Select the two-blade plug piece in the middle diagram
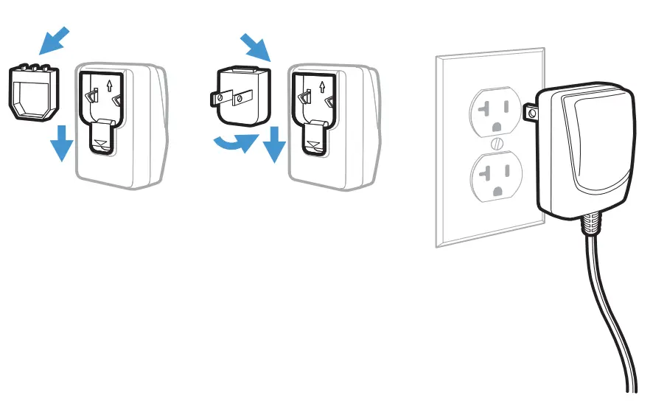pyautogui.click(x=240, y=95)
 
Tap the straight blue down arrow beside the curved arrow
pyautogui.click(x=274, y=143)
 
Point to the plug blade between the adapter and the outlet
pyautogui.click(x=529, y=112)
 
